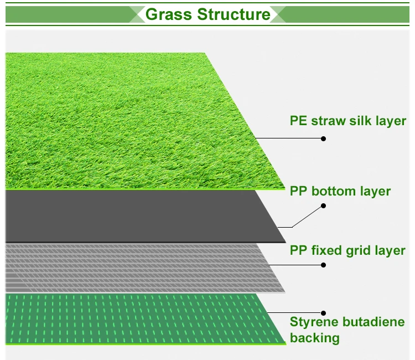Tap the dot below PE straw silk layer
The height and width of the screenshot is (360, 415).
coord(324,138)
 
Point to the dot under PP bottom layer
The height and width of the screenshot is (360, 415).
coord(324,205)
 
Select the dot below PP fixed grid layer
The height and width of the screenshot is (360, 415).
coord(324,265)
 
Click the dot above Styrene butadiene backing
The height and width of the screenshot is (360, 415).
coord(324,313)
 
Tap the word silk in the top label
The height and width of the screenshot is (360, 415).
coord(360,121)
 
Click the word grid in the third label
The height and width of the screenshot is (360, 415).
coord(361,251)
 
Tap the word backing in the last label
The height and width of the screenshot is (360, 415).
coord(315,338)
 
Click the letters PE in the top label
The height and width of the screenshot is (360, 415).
coord(298,121)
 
